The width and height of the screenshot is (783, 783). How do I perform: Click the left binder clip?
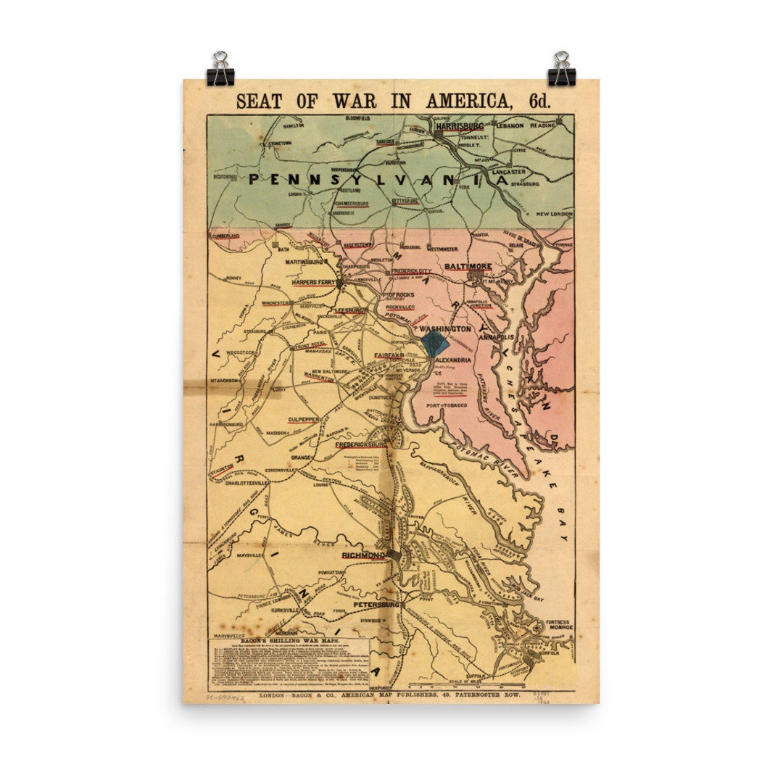tap(220, 69)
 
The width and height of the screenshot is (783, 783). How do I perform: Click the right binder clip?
tap(561, 69)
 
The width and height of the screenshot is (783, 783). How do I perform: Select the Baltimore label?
tap(468, 267)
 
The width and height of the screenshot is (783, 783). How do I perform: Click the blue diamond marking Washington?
tap(434, 340)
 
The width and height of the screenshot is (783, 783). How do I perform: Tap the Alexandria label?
tap(453, 360)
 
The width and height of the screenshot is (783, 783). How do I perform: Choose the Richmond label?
tap(363, 556)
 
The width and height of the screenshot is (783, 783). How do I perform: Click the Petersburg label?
tap(376, 604)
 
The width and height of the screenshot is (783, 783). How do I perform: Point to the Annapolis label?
tap(496, 337)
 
